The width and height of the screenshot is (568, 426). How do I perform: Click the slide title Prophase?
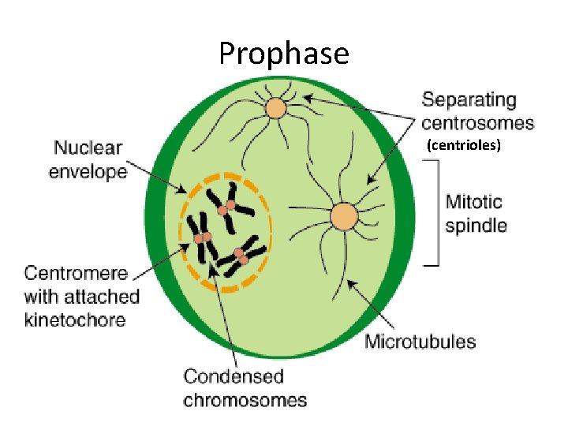(x=283, y=54)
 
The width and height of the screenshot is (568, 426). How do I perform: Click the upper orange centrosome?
(x=275, y=108)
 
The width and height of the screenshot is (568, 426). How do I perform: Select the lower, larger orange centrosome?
(x=344, y=216)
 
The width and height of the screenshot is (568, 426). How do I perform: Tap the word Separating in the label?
(x=469, y=100)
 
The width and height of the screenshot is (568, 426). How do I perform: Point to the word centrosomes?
(x=477, y=123)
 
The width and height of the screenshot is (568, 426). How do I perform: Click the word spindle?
(x=476, y=226)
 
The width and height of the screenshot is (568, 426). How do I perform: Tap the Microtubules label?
(x=420, y=342)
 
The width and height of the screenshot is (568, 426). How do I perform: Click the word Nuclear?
(x=88, y=148)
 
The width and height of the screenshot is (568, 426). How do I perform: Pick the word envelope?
(x=88, y=170)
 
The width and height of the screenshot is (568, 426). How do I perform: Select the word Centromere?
(x=76, y=274)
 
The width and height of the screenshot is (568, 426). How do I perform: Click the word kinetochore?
(x=74, y=319)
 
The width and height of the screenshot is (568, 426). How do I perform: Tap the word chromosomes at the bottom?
(x=245, y=399)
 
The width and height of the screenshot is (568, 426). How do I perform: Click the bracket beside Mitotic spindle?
(x=434, y=213)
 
